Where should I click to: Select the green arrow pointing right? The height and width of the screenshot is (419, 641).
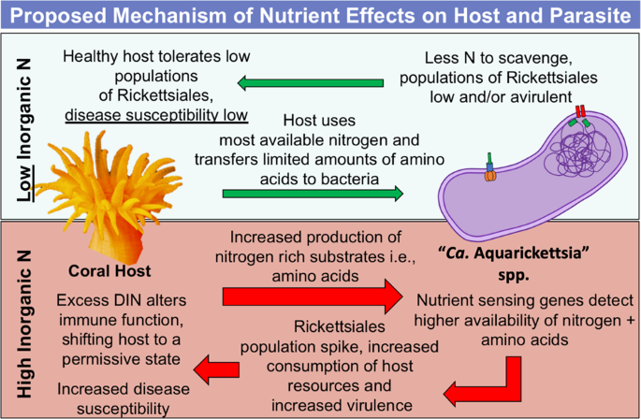click(313, 195)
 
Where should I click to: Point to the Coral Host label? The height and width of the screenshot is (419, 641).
click(110, 271)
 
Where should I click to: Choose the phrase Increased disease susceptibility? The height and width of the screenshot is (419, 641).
click(112, 397)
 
